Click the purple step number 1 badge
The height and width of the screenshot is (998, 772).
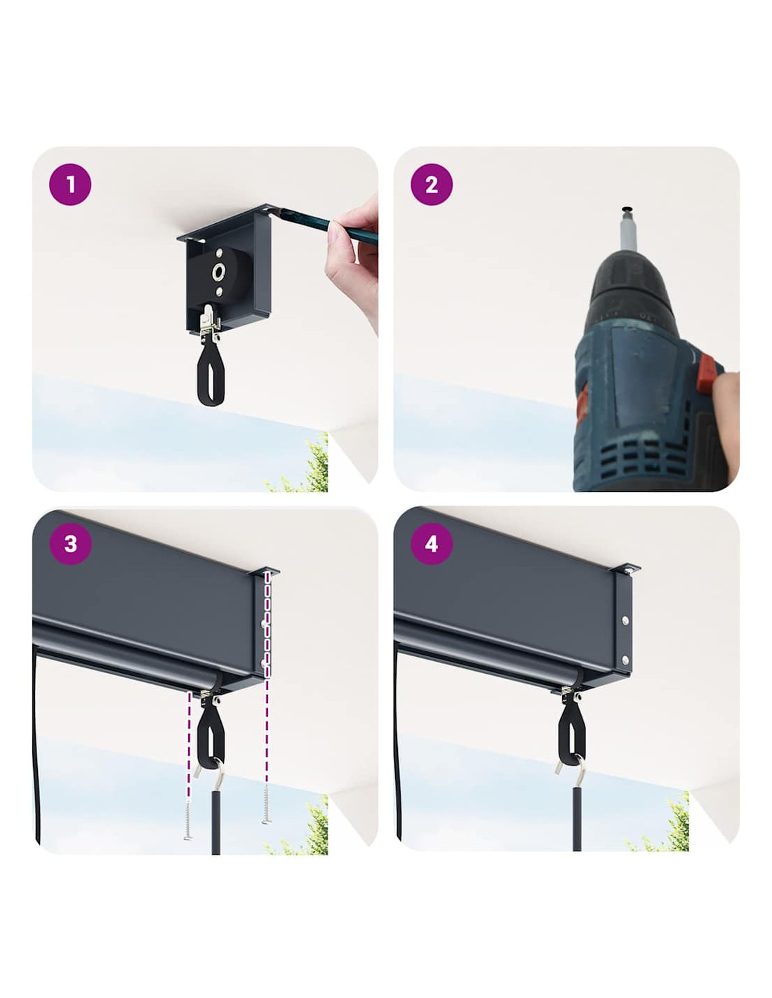[x=70, y=185]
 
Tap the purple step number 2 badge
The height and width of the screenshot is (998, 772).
[x=431, y=185]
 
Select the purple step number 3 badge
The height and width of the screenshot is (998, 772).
[x=70, y=544]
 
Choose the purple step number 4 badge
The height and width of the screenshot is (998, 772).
[x=431, y=544]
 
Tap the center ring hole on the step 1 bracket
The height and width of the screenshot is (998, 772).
[x=218, y=272]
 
